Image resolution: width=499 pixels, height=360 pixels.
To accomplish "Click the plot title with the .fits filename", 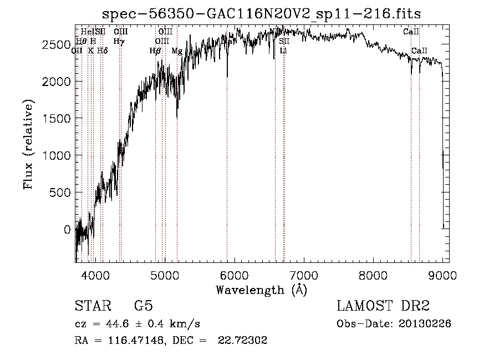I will [262, 14].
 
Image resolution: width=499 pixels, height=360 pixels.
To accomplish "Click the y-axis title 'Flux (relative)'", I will [28, 144].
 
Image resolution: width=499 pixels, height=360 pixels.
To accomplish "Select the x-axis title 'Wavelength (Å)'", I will [261, 290].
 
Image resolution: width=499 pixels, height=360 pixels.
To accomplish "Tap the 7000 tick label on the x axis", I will [304, 275].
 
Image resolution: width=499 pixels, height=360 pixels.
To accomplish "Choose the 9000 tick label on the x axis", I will [442, 275].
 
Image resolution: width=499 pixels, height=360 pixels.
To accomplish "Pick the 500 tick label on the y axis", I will [60, 192].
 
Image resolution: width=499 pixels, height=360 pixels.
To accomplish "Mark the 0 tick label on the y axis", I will [68, 230].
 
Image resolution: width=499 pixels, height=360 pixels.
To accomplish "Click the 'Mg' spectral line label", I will [177, 51].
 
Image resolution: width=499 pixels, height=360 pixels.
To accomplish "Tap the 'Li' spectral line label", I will [283, 51].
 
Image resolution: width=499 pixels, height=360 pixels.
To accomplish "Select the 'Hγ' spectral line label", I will [118, 41].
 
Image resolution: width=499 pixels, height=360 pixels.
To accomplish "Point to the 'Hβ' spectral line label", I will [155, 51].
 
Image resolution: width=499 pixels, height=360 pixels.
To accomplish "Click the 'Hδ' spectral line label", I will [102, 51].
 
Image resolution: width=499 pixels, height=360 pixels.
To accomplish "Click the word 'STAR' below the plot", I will [92, 306].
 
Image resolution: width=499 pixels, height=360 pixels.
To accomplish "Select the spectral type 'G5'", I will [143, 306].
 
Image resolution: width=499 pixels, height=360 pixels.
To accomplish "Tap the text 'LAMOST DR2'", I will [383, 306].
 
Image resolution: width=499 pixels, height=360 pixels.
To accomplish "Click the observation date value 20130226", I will [427, 324].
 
